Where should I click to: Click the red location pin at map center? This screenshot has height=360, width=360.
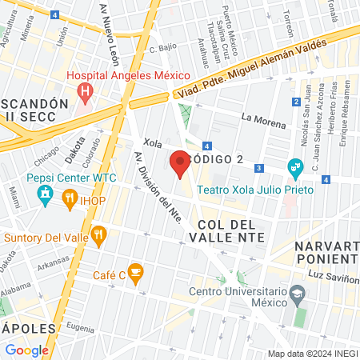pos(180,163)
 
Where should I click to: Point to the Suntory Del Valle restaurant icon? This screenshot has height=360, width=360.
pos(99,234)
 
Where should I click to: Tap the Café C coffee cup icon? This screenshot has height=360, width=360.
pos(136,273)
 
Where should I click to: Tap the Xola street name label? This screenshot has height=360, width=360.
pos(153,143)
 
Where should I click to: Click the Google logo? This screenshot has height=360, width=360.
pos(27,350)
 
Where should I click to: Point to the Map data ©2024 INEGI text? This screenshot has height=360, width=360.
pos(313,354)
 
